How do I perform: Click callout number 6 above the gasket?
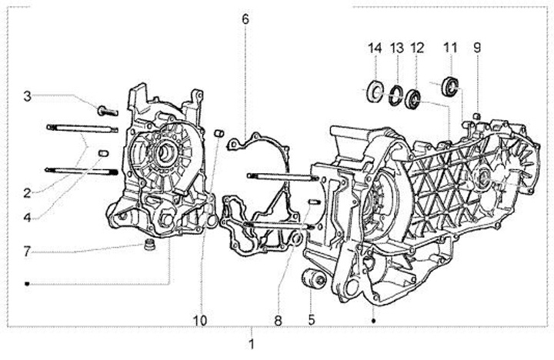245,19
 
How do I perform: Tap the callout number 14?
375,48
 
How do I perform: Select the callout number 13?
397,48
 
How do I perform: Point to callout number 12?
417,48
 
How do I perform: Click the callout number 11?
450,48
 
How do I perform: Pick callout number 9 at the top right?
477,48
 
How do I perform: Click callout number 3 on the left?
27,96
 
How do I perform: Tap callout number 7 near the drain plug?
27,252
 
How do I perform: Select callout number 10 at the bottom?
200,321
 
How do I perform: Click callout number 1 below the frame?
252,344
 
